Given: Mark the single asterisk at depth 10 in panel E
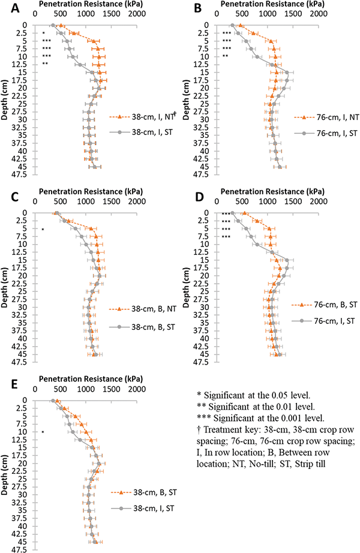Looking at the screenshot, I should (x=43, y=432).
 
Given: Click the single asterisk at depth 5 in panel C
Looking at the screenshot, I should (x=43, y=229).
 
